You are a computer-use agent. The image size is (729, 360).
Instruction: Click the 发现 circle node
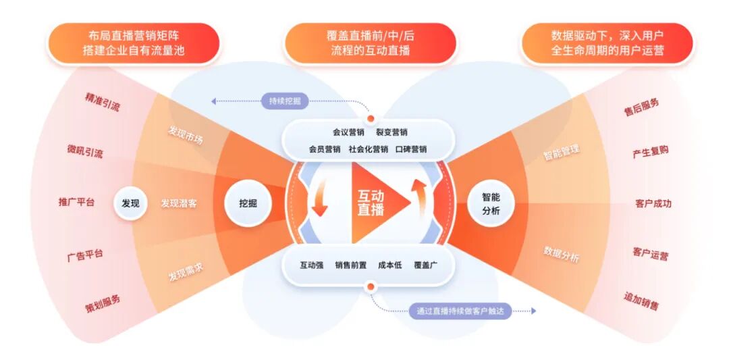coord(130,203)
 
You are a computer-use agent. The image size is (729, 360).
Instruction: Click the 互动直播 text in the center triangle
coord(371,203)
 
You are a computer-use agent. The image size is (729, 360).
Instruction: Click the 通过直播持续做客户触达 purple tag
coord(460,311)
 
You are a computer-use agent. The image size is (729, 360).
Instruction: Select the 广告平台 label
coord(85,255)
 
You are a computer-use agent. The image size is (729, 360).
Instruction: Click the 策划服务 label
coord(103,301)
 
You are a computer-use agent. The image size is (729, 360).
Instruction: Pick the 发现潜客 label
coord(179,203)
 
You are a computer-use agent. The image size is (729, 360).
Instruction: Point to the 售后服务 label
coord(641,107)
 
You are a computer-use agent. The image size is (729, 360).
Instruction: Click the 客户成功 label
coord(653,203)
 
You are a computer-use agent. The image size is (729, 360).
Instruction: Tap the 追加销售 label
coord(641,301)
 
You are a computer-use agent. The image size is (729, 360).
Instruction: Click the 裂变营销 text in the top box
coord(391,132)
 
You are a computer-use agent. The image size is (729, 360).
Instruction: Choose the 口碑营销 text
coord(411,149)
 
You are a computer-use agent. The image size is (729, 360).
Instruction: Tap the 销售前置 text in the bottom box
coord(351,265)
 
